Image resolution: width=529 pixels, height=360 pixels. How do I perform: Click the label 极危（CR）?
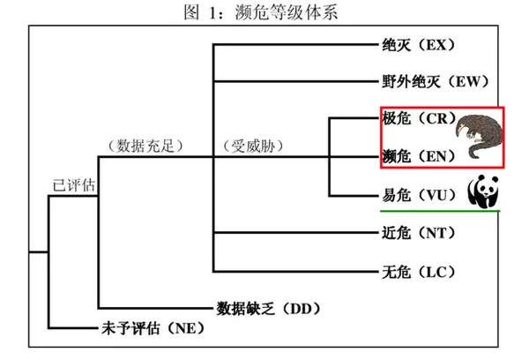tap(417, 117)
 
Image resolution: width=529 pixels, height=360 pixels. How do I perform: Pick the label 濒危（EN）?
tap(418, 156)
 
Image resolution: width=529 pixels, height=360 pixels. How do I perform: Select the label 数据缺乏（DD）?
tap(267, 308)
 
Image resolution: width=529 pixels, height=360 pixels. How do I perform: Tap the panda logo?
tap(483, 190)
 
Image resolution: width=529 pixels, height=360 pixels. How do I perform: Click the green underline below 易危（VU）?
tap(441, 211)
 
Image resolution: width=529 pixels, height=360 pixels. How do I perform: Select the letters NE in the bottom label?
tap(183, 328)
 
